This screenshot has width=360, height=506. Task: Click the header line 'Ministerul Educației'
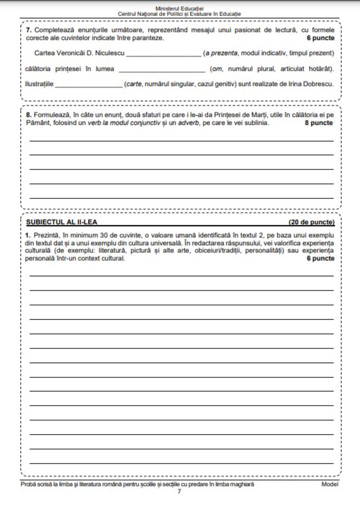tap(179, 9)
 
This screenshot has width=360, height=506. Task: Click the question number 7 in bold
tap(28, 30)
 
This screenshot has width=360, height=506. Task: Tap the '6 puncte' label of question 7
tap(321, 38)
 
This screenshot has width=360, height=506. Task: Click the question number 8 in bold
tap(28, 115)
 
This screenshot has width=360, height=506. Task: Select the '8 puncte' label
tap(319, 123)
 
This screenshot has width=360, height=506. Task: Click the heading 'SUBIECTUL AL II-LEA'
tap(62, 222)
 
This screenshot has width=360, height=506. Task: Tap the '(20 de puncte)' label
tap(311, 222)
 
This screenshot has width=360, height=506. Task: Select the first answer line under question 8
tap(182, 140)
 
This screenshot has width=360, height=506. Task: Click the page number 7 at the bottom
tap(179, 491)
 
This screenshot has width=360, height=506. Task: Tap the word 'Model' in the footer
tap(330, 484)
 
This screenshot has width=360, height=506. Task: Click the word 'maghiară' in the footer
tap(243, 484)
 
